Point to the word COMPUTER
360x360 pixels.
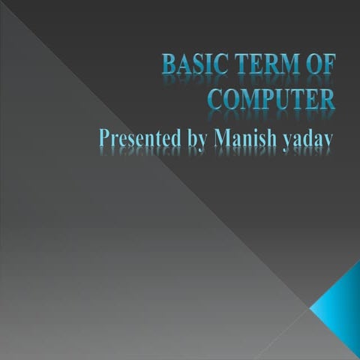(x=271, y=98)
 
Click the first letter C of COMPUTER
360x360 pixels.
(x=214, y=98)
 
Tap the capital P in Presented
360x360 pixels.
(x=104, y=139)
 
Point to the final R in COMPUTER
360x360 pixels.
(x=327, y=98)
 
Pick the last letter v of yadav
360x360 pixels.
(x=330, y=140)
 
